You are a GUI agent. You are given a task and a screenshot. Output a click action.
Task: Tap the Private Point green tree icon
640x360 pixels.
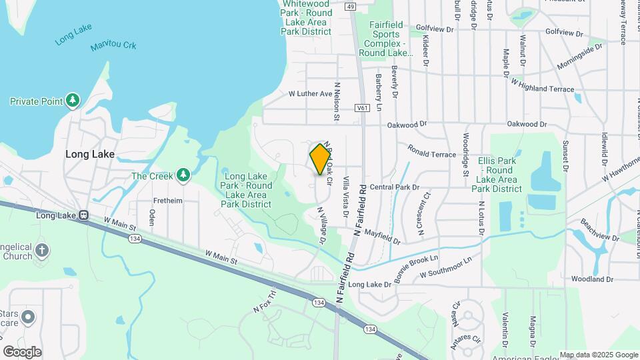point(73,101)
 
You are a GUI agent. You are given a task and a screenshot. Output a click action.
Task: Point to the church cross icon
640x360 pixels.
point(42,251)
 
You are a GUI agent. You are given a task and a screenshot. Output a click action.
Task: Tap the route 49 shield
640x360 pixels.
point(351,6)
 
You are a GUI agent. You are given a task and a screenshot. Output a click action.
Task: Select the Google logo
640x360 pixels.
point(22,351)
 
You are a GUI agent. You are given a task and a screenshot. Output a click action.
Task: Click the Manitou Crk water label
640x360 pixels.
point(113,46)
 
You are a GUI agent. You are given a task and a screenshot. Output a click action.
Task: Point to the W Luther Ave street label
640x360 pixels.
point(310,94)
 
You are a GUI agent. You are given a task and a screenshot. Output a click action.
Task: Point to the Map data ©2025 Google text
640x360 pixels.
point(598,355)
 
